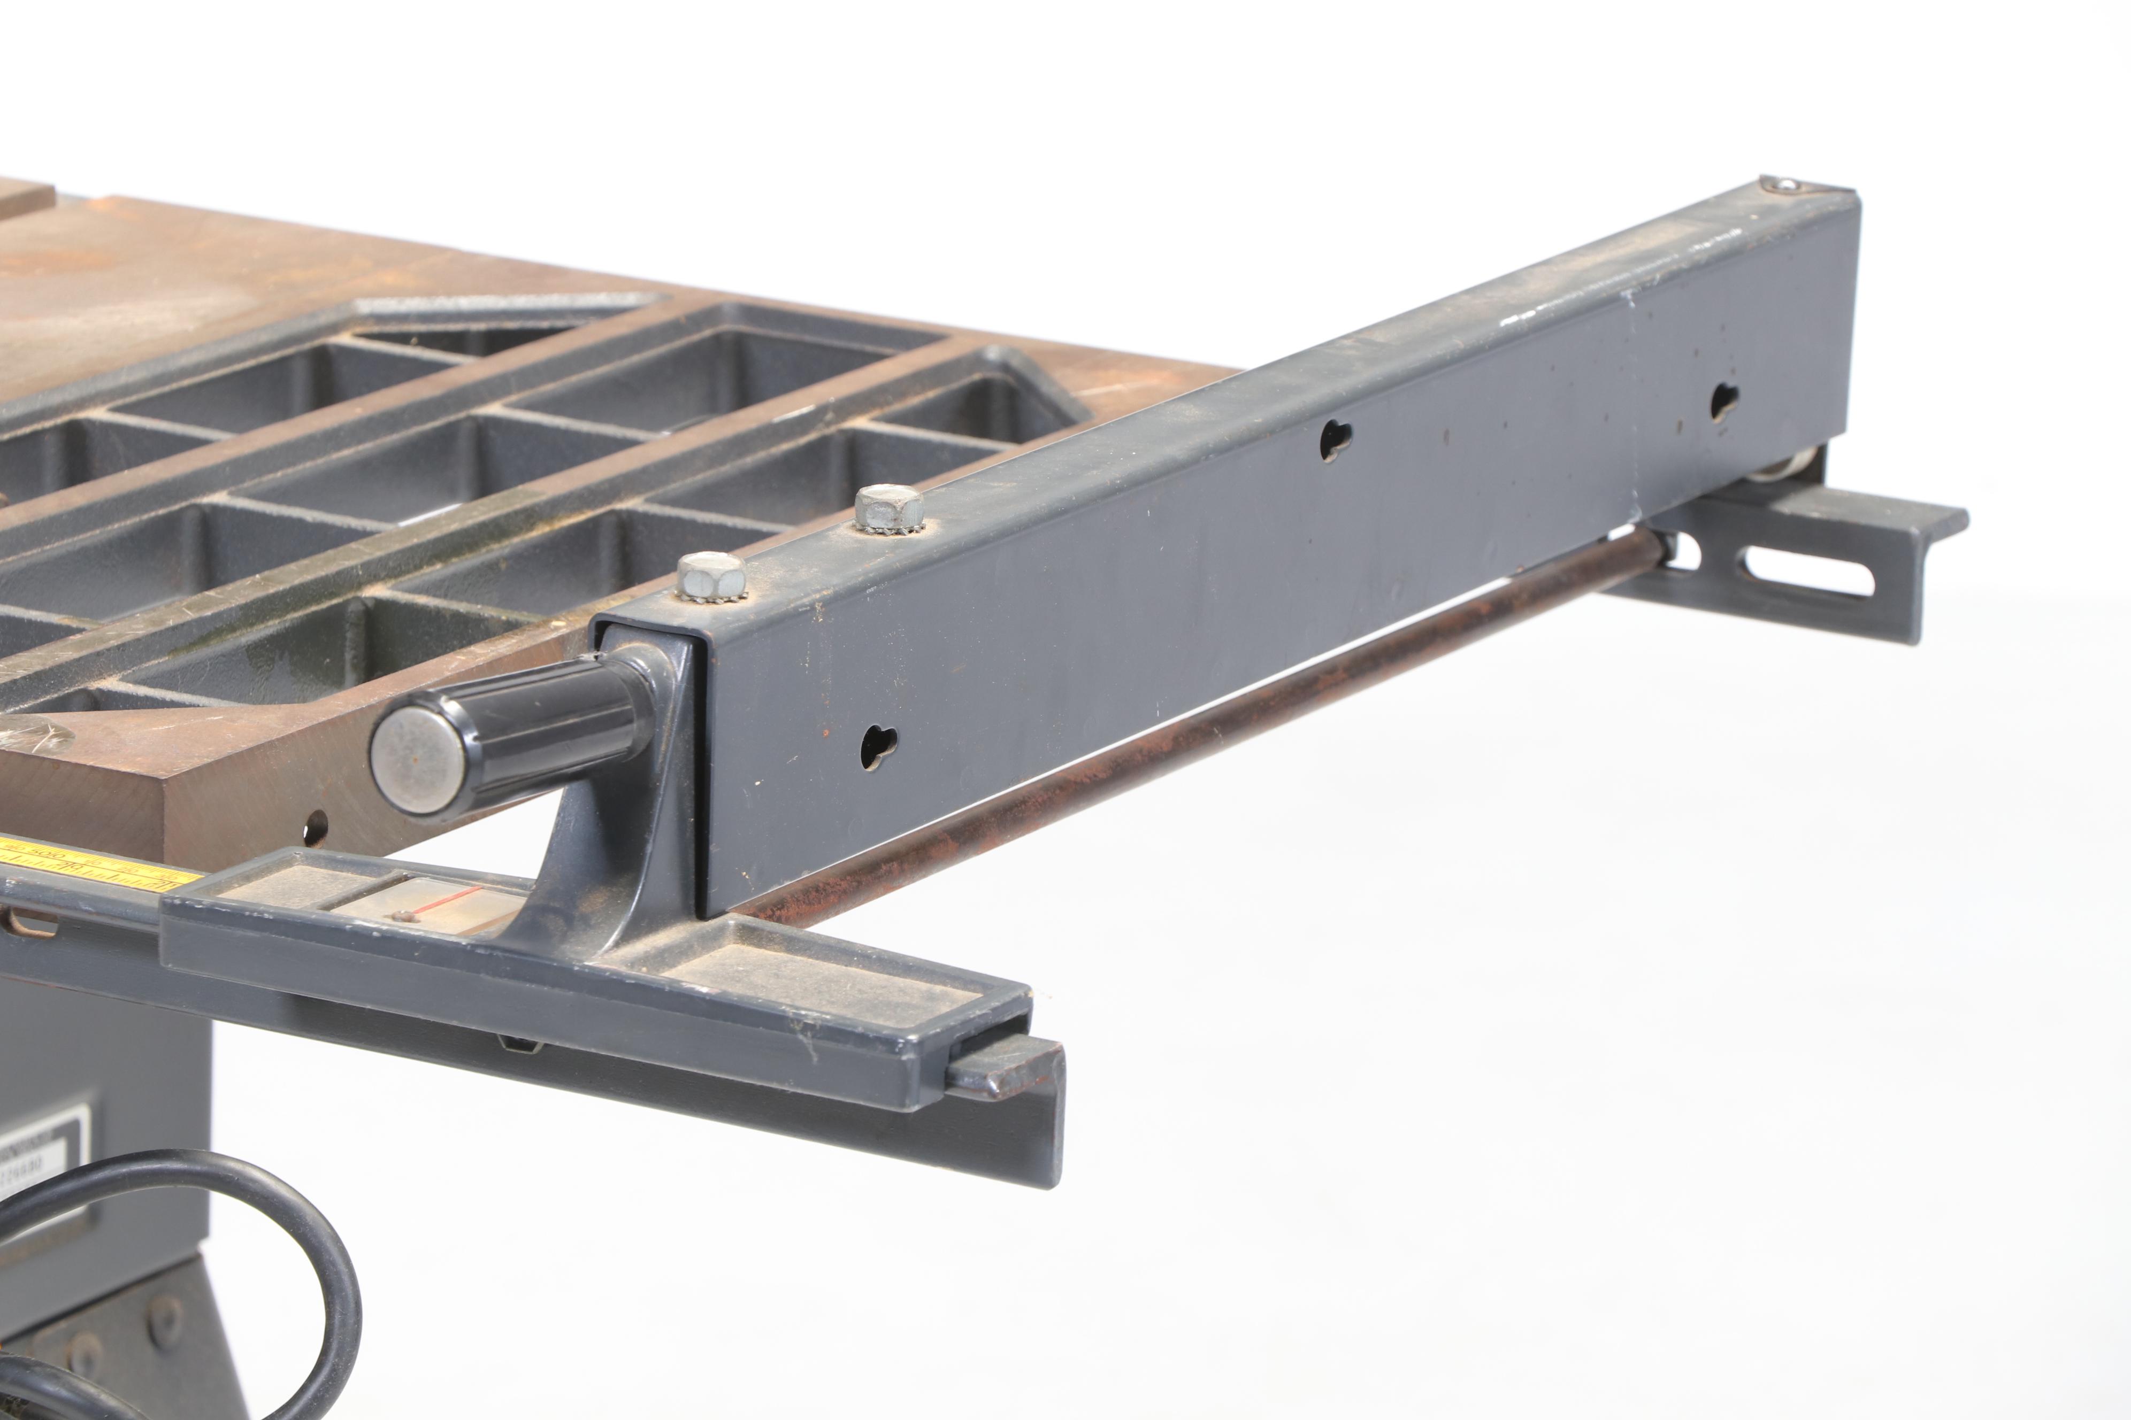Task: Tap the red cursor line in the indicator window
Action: (435, 898)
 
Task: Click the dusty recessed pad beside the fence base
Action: (815, 978)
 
